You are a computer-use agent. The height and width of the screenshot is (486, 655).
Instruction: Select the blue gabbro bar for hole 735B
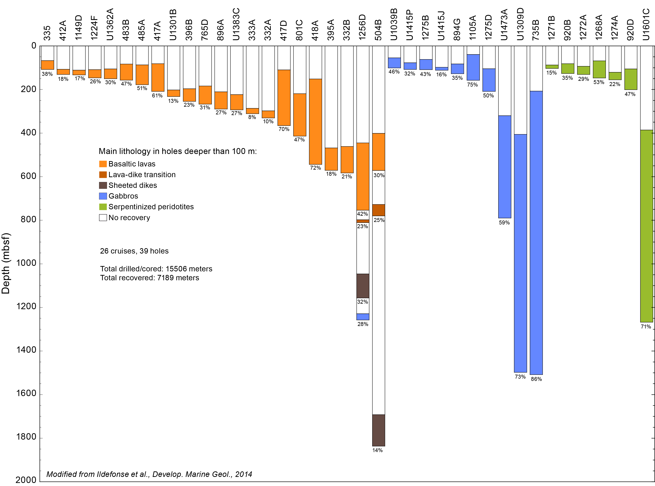pos(536,232)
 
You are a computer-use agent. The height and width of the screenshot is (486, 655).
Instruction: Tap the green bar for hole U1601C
pos(646,226)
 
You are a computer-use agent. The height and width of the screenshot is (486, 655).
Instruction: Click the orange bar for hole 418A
pos(315,121)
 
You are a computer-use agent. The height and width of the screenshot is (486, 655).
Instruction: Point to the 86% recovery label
pos(536,379)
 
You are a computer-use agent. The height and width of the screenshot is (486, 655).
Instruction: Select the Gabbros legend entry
pos(123,196)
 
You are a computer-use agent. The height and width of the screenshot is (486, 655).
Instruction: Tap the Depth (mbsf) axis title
pos(6,263)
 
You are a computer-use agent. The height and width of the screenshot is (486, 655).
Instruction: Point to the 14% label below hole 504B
pos(377,450)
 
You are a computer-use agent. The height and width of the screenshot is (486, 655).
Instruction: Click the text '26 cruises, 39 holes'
pos(134,251)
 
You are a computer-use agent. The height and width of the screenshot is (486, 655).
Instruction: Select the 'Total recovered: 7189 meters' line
pos(150,278)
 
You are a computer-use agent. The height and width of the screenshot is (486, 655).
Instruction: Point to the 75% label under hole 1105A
pos(473,85)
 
